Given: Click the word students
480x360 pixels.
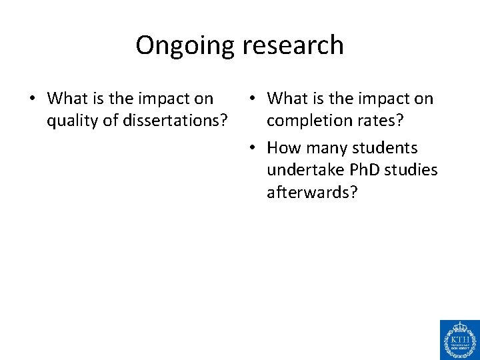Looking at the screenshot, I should pyautogui.click(x=386, y=147).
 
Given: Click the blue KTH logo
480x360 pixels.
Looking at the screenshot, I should pyautogui.click(x=459, y=339).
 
